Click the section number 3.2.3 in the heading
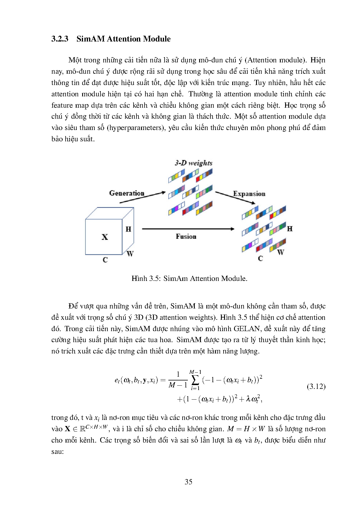(x=60, y=39)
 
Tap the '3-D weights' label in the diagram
(x=193, y=163)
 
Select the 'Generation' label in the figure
(x=127, y=193)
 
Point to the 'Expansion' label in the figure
(x=249, y=194)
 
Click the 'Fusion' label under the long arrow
(x=186, y=237)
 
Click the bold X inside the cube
(x=105, y=237)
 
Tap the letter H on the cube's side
(x=128, y=229)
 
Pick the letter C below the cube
(x=105, y=260)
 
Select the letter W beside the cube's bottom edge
(x=130, y=254)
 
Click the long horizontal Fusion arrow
(x=188, y=229)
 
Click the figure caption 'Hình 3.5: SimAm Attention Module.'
(x=189, y=279)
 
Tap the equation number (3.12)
(x=316, y=386)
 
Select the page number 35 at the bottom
(x=188, y=482)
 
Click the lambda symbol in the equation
(x=248, y=399)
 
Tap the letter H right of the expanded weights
(x=289, y=229)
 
